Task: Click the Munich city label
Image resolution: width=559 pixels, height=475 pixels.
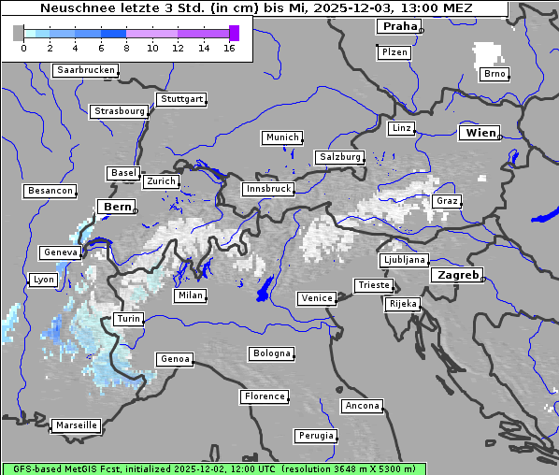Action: [x=281, y=137]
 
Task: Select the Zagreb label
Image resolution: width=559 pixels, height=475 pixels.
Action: [x=456, y=276]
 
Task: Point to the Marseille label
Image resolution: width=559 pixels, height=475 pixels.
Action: [x=76, y=425]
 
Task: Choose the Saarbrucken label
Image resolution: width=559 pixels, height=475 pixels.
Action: [x=85, y=70]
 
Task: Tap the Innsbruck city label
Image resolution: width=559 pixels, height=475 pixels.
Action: [x=267, y=189]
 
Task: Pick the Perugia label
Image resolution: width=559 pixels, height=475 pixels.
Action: [x=315, y=436]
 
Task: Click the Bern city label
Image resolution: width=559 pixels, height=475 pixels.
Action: [x=117, y=207]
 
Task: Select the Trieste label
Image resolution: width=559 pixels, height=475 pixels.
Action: [x=372, y=285]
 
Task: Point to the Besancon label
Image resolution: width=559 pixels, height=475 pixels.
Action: [x=50, y=191]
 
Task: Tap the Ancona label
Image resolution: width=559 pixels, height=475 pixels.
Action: [x=362, y=406]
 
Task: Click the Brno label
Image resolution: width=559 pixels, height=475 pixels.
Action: [x=494, y=74]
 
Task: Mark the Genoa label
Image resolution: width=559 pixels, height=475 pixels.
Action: [x=175, y=359]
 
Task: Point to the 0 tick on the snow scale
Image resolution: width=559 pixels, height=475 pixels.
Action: [x=22, y=47]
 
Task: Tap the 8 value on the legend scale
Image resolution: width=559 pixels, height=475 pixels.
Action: [x=126, y=47]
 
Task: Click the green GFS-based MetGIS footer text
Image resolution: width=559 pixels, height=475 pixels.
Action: [x=213, y=468]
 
